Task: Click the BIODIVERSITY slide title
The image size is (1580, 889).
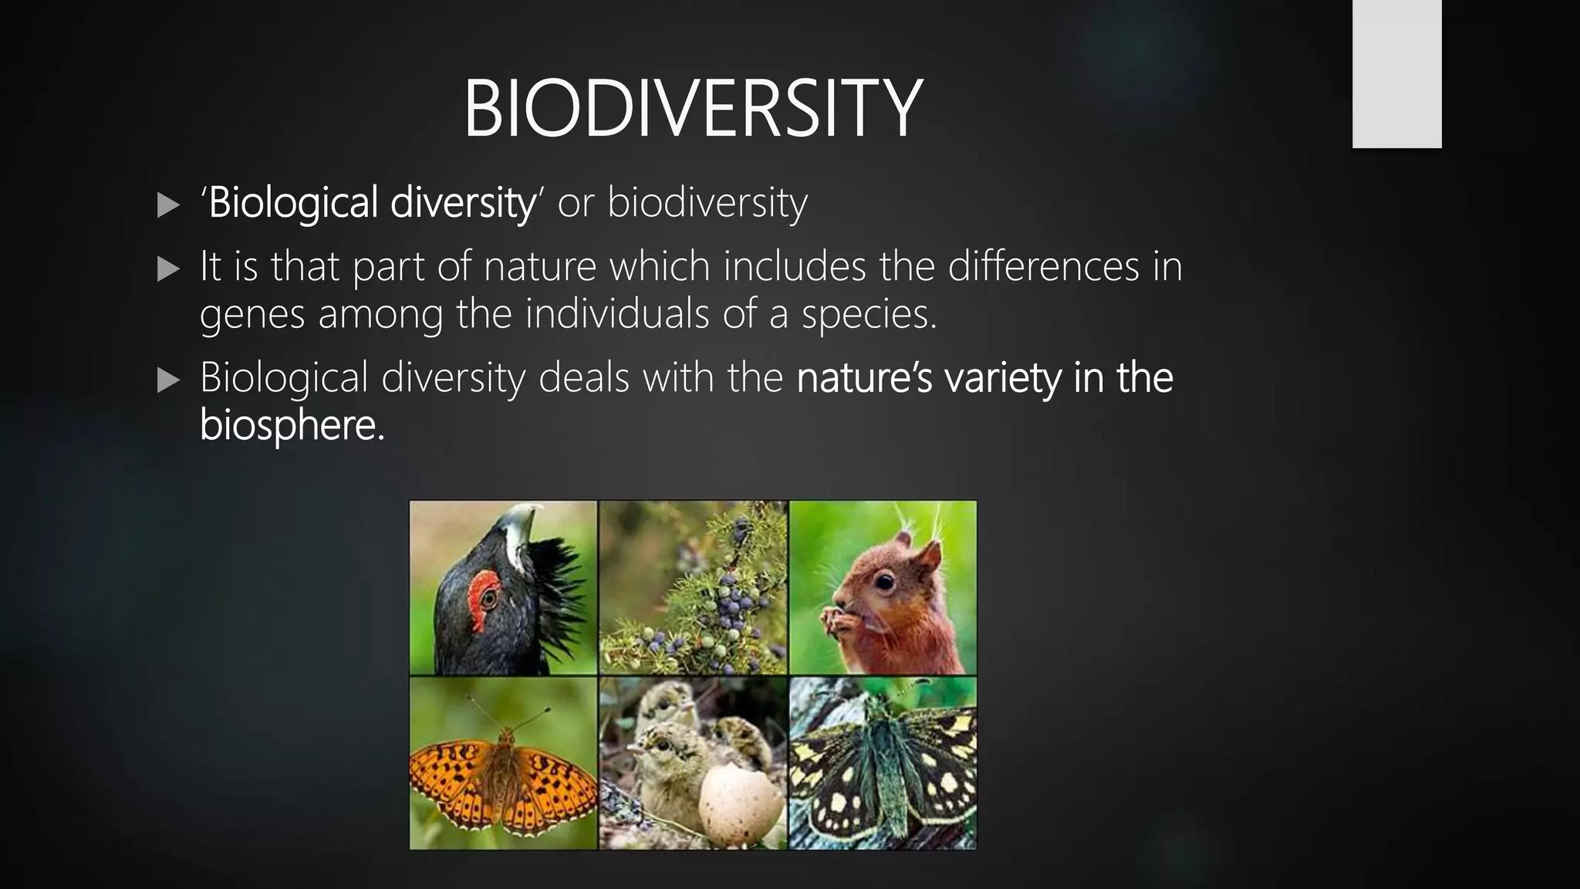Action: coord(692,109)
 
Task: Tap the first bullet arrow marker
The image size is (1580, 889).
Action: coord(167,205)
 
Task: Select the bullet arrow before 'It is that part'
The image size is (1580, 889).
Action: coord(167,269)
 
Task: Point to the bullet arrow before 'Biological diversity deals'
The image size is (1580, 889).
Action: coord(167,380)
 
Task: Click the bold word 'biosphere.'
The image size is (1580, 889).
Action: coord(292,425)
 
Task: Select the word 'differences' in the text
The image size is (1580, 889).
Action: coord(1043,267)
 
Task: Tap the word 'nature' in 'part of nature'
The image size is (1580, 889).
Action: coord(540,267)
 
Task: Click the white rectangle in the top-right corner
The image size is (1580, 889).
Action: coord(1396,73)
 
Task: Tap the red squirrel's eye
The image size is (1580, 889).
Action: coord(884,581)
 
